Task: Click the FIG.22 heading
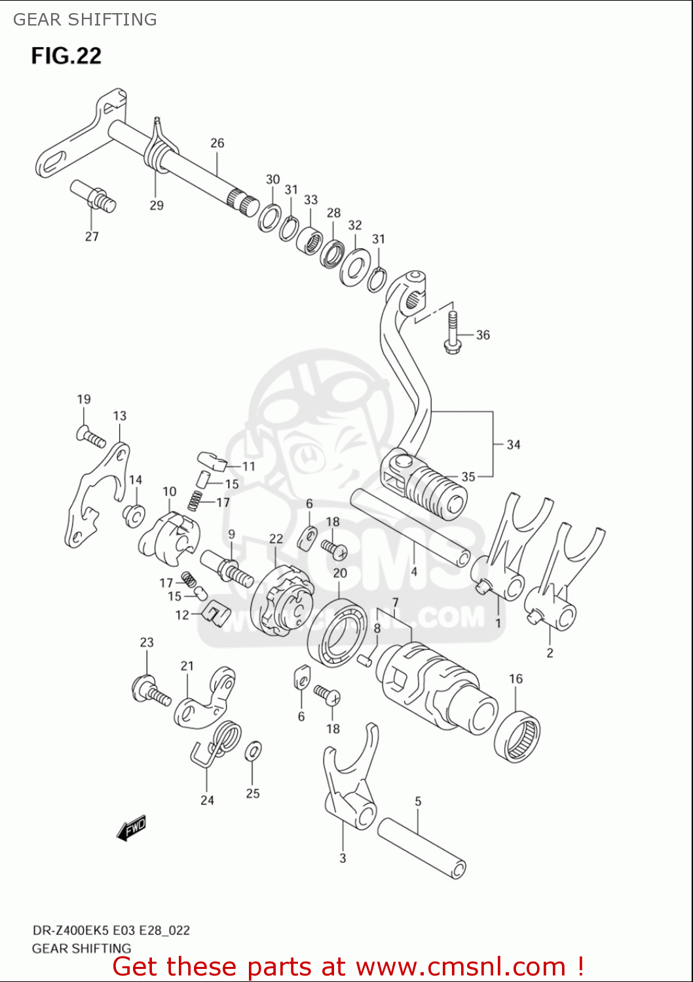pos(66,56)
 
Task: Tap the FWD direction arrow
pos(132,827)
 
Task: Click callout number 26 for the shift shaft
pos(217,143)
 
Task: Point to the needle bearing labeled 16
pos(517,736)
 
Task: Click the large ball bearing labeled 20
pos(338,632)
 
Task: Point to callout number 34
pos(514,445)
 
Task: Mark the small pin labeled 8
pos(365,659)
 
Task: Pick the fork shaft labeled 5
pos(422,847)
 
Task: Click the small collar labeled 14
pos(134,516)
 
